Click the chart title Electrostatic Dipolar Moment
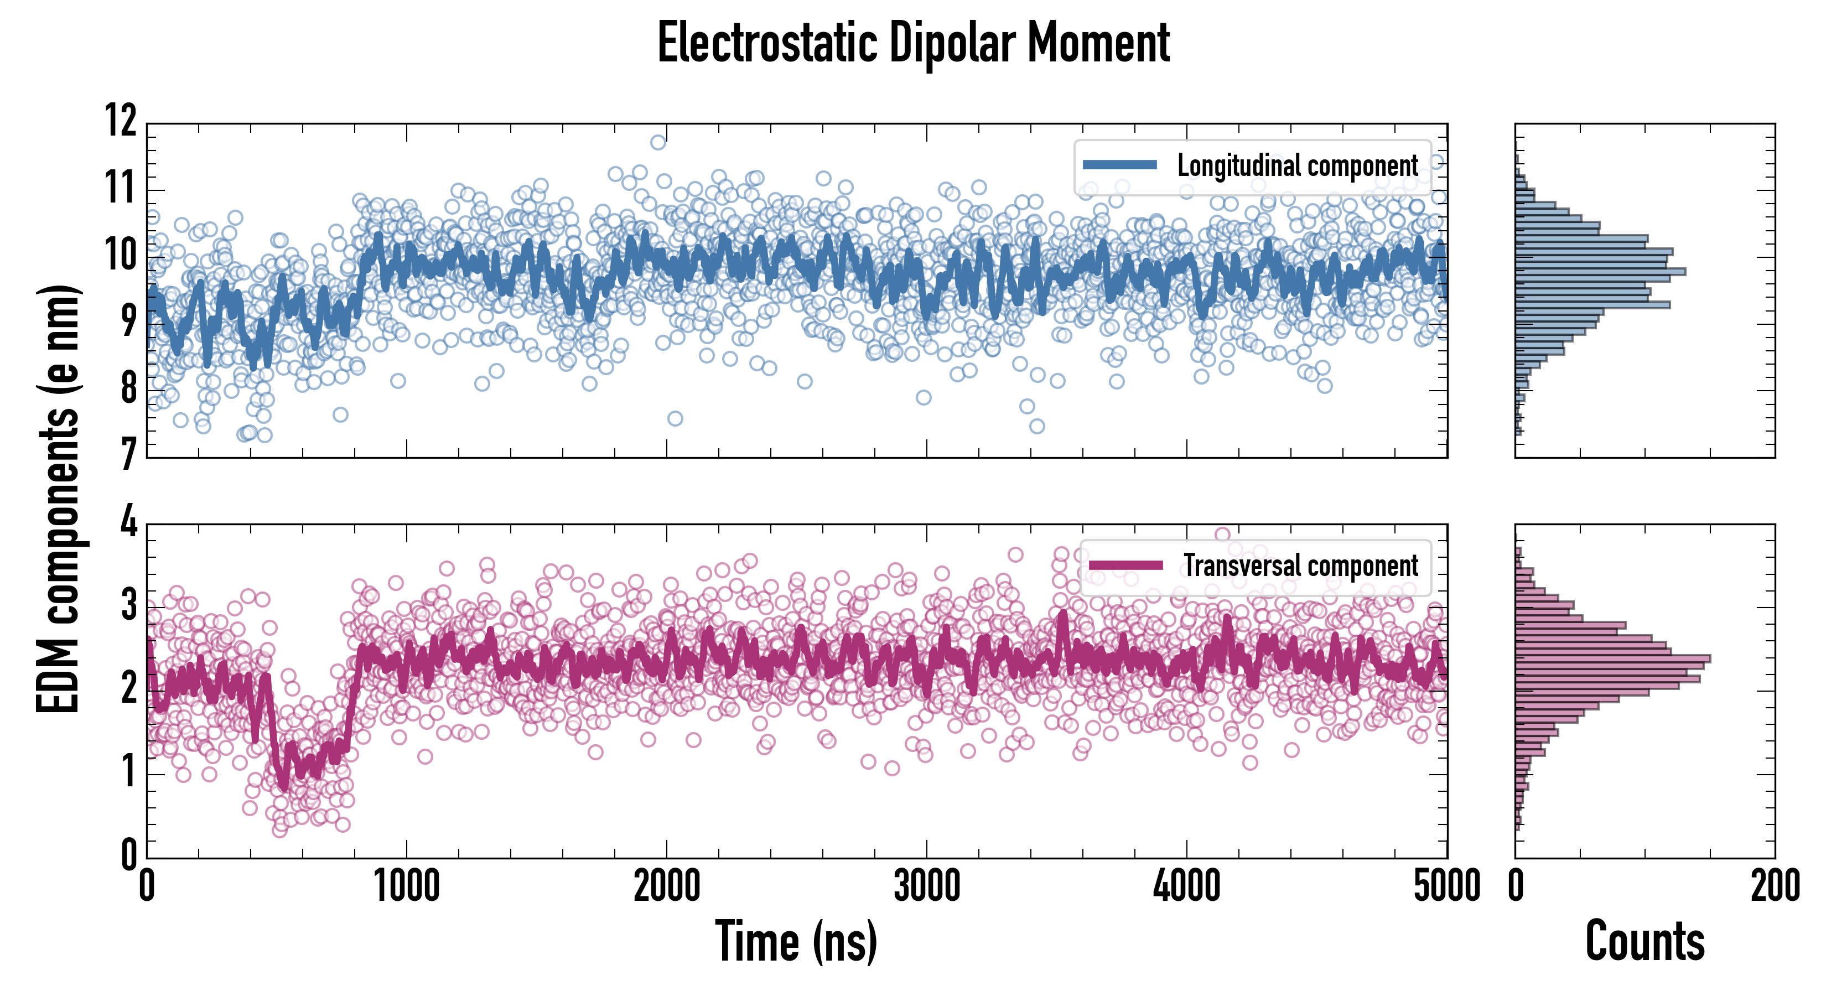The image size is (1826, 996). tap(913, 44)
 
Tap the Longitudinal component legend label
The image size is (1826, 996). tap(1297, 166)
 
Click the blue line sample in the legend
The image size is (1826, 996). tap(1120, 165)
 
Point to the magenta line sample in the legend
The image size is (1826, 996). tap(1125, 565)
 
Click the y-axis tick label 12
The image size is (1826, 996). tap(121, 121)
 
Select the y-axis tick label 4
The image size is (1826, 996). tap(128, 522)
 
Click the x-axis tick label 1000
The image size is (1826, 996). tap(407, 886)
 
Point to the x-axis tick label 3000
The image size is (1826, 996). tap(926, 886)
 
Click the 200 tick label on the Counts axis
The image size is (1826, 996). tap(1774, 886)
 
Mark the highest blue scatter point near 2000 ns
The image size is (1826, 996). tap(658, 143)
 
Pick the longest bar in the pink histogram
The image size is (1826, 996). tap(1612, 658)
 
